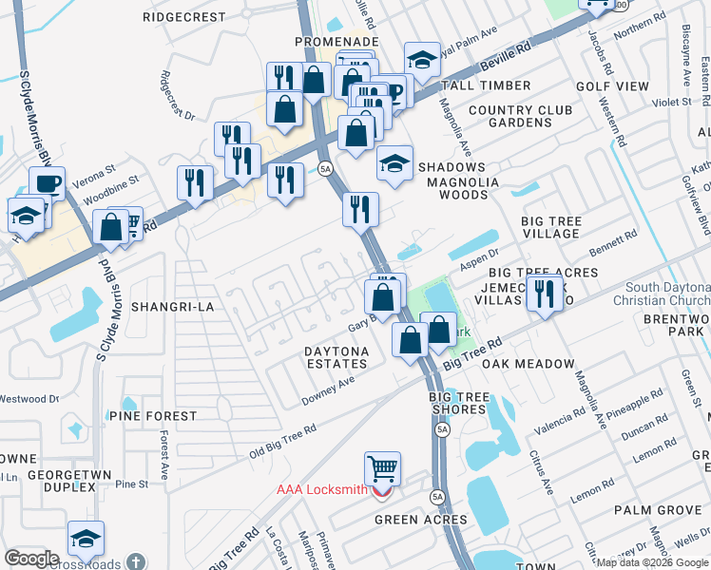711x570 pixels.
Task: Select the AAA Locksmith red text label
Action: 321,490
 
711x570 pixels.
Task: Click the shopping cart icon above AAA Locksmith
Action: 382,467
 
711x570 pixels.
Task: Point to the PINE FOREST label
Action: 152,416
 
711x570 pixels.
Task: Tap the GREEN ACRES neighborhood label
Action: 420,520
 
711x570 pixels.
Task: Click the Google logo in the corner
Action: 30,558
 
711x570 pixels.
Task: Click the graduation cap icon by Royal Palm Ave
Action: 421,61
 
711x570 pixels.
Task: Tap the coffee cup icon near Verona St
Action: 47,183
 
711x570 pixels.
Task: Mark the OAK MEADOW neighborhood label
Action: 528,364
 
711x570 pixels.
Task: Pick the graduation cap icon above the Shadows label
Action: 394,163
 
